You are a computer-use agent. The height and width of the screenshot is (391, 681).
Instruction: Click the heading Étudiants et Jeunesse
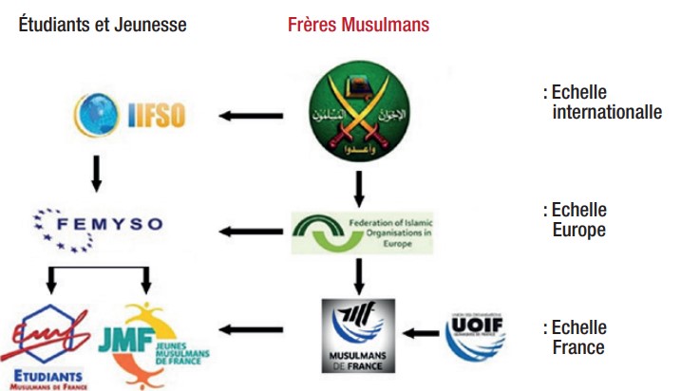pos(103,25)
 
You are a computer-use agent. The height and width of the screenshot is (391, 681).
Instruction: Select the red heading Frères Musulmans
pos(358,25)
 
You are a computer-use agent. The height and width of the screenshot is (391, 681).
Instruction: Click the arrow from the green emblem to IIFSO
pos(252,117)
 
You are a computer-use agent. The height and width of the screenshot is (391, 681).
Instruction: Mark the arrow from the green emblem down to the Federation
pos(359,186)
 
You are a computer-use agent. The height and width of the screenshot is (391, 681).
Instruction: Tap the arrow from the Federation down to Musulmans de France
pos(359,276)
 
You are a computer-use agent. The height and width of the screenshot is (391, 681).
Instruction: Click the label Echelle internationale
pos(599,102)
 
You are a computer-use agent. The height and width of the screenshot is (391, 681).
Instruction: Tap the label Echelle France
pos(576,338)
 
